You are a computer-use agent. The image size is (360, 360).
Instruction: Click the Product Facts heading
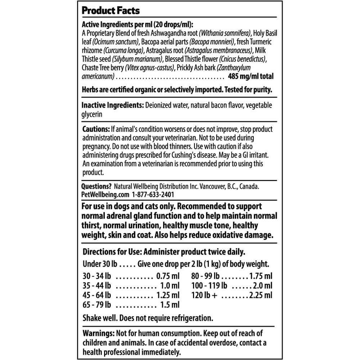[111, 11]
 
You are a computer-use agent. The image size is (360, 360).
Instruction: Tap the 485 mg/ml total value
[251, 76]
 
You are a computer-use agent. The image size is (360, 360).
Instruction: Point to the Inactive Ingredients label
[112, 105]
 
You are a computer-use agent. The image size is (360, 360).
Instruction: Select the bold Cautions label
[96, 129]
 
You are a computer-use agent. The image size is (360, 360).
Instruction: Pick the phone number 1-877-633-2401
[153, 195]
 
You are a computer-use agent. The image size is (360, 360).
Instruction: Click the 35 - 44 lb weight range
[96, 286]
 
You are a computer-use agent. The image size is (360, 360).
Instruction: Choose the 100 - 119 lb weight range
[209, 286]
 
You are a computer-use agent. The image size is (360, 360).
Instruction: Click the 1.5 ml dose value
[169, 305]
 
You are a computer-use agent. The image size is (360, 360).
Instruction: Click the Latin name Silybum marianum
[137, 59]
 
